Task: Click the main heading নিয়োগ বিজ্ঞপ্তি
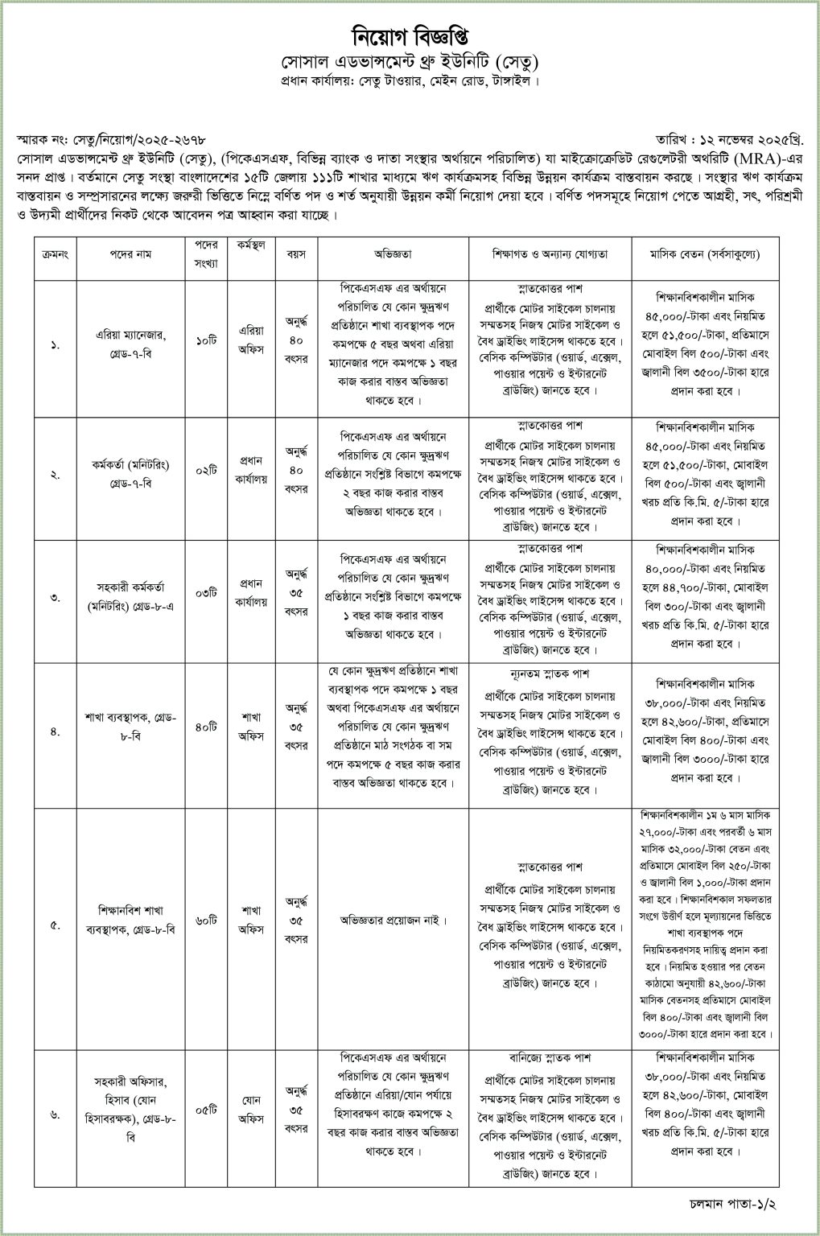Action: (410, 38)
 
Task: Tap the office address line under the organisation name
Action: (410, 80)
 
